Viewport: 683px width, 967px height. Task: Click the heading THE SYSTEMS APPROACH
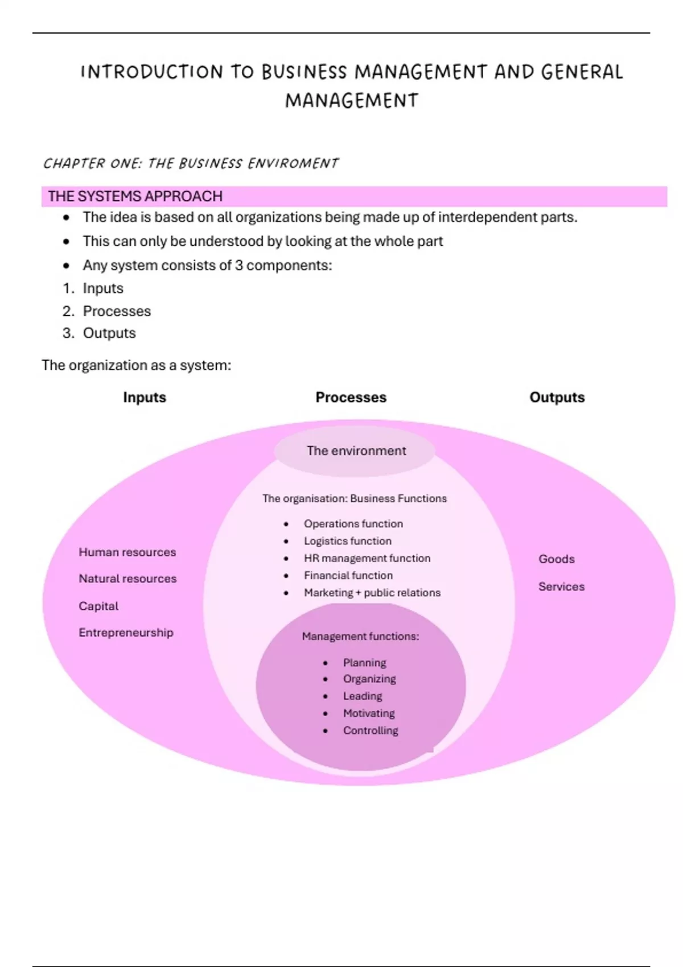[x=135, y=196]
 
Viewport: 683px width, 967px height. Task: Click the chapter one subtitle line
[x=191, y=164]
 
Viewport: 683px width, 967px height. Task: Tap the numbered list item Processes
[x=117, y=311]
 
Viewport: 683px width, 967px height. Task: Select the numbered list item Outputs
[x=109, y=333]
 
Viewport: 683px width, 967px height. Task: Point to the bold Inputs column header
[x=145, y=397]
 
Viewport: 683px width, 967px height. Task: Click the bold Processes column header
[x=351, y=397]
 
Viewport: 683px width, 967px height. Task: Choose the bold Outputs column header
[x=557, y=397]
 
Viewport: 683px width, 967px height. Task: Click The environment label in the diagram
[x=356, y=451]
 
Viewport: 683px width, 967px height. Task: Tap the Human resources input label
[x=127, y=552]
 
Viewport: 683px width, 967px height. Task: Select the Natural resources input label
[x=127, y=578]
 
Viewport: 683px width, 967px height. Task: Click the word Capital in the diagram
[x=98, y=606]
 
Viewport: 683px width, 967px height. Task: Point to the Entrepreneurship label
[x=126, y=633]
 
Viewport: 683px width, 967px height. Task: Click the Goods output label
[x=557, y=559]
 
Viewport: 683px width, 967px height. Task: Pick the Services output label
[x=561, y=586]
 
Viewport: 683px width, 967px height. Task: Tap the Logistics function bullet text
[x=347, y=541]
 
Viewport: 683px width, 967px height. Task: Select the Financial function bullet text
[x=348, y=575]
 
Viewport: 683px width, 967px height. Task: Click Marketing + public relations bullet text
[x=372, y=593]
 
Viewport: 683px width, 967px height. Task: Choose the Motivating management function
[x=369, y=713]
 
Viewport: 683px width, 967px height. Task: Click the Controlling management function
[x=371, y=730]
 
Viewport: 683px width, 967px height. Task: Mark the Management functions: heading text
[x=360, y=637]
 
